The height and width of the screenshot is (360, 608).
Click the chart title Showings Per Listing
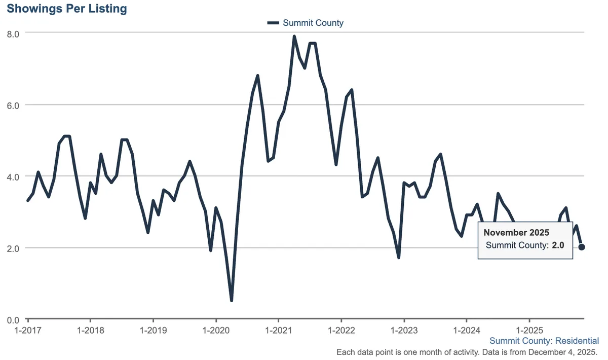click(x=67, y=9)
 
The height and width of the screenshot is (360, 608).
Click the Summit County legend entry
click(x=306, y=23)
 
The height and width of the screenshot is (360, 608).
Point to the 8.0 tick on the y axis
click(x=13, y=34)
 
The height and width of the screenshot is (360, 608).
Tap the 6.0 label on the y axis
click(x=13, y=105)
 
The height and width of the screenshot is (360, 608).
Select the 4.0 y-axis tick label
click(x=13, y=177)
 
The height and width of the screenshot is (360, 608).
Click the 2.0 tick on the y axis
click(x=13, y=248)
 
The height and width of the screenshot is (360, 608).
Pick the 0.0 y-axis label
click(x=13, y=320)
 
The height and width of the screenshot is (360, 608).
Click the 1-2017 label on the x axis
click(x=28, y=331)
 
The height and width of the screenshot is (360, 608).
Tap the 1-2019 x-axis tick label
click(x=153, y=331)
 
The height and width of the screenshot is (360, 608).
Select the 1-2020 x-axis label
click(x=216, y=331)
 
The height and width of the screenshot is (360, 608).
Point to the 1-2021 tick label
click(x=279, y=331)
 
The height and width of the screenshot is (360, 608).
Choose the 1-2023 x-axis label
click(x=404, y=331)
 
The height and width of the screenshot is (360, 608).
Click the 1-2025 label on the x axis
click(x=529, y=331)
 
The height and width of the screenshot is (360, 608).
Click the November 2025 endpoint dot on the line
click(x=582, y=247)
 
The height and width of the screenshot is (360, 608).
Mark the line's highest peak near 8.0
click(x=294, y=36)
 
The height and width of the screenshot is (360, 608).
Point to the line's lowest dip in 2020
click(x=232, y=300)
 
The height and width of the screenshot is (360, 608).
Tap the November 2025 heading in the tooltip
click(x=516, y=233)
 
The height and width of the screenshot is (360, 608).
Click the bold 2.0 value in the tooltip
click(x=558, y=245)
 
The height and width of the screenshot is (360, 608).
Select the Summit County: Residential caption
click(x=544, y=341)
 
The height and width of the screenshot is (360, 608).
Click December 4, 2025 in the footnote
click(x=563, y=352)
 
